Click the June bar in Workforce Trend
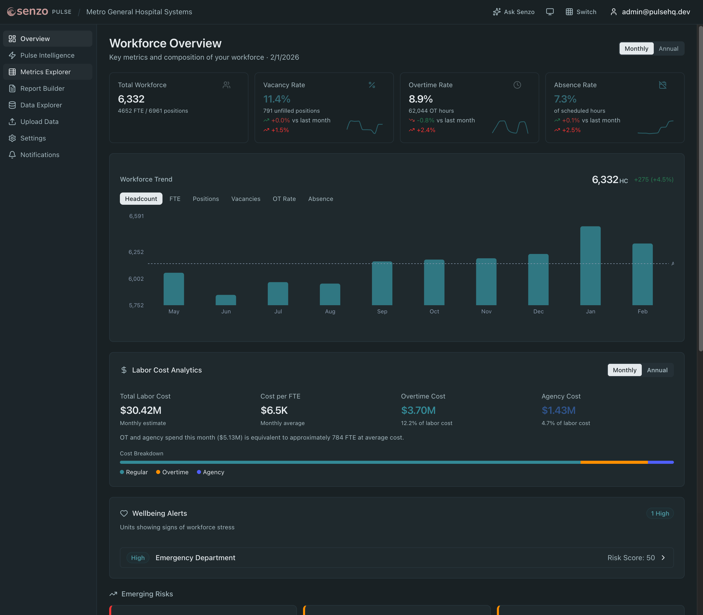pos(225,300)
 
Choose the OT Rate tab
pos(284,199)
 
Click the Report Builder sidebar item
pos(42,88)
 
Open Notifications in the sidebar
pos(40,155)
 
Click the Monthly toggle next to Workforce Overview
pos(636,48)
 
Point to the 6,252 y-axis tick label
pos(136,252)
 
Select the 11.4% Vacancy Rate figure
pos(277,99)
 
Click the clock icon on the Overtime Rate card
pos(517,85)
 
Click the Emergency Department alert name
pos(195,558)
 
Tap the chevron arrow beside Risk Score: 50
pos(663,558)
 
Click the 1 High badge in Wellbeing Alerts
pos(659,514)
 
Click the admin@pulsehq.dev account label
pos(656,12)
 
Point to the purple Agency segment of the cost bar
pos(660,462)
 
